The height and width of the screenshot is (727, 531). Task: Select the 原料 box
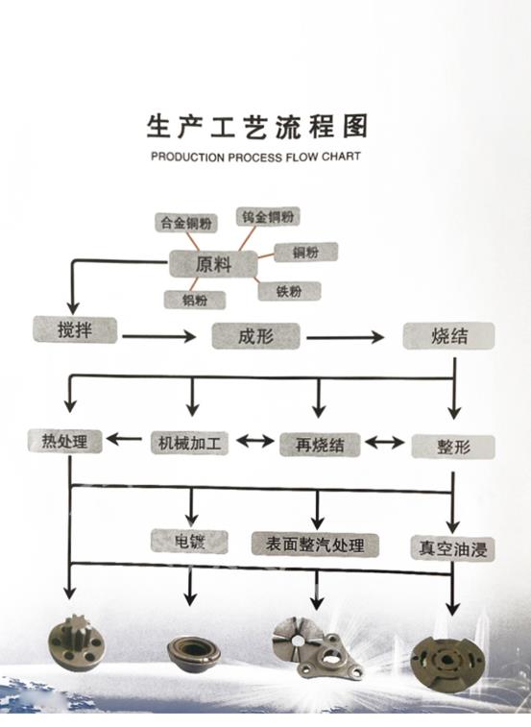212,263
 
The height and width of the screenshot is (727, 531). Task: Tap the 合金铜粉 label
185,222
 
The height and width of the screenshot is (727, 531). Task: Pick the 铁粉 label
289,290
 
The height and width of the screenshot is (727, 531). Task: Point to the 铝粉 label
195,300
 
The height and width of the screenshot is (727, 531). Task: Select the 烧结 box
448,335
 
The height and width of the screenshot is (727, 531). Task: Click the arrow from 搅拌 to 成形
158,336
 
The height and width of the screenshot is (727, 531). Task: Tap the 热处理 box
64,442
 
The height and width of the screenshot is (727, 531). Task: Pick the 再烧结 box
320,445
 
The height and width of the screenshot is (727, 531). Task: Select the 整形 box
452,446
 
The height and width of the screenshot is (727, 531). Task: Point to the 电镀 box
189,541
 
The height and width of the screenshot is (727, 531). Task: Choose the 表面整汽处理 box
315,545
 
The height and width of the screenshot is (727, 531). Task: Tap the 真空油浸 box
451,548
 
